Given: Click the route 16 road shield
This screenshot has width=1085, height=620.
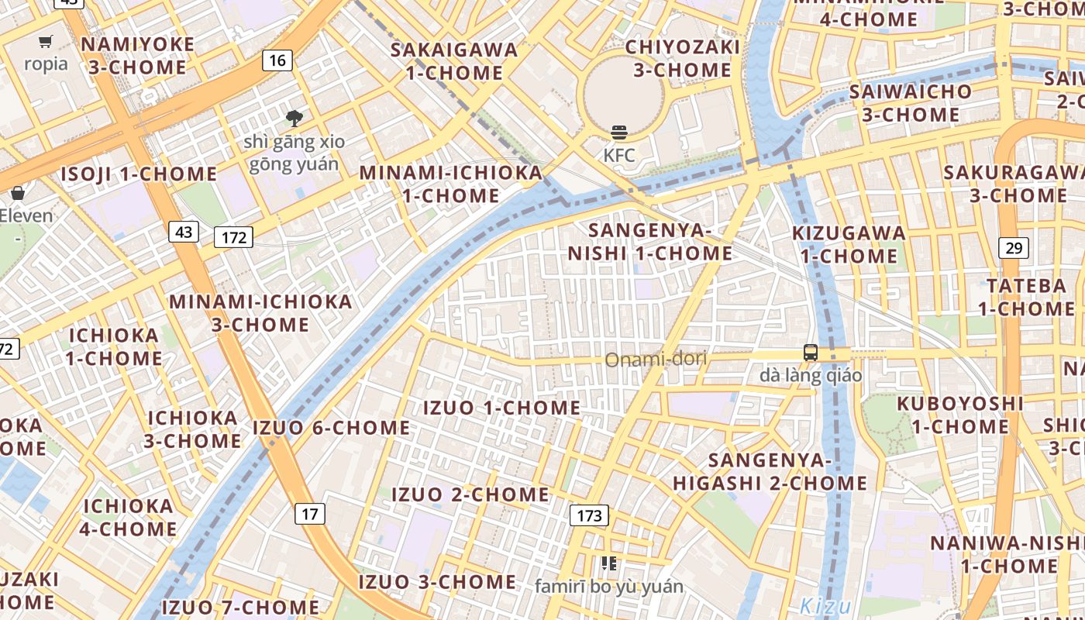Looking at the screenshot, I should tap(277, 60).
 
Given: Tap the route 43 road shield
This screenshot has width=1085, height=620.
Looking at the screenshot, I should tap(184, 231).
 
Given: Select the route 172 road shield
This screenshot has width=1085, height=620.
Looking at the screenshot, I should tap(233, 237).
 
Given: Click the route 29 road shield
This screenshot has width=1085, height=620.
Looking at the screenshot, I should tap(1014, 248).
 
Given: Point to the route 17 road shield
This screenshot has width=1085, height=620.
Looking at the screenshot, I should tap(310, 513).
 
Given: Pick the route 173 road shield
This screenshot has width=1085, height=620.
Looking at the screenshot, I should tap(589, 515).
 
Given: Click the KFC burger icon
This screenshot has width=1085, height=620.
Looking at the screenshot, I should tap(618, 133).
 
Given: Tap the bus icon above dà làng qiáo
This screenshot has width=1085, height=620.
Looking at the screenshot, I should tap(810, 353).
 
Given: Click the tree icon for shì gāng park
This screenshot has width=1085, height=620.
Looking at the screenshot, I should tap(294, 119).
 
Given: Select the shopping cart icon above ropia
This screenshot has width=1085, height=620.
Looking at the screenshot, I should tap(46, 41).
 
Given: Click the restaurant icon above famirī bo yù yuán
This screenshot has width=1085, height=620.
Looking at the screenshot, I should tap(609, 563).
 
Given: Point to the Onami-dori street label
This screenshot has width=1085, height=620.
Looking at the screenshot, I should tap(656, 360).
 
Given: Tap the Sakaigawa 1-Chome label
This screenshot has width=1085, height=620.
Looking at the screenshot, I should tap(454, 61).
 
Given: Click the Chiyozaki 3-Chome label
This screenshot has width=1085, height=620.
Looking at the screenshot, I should tap(682, 58).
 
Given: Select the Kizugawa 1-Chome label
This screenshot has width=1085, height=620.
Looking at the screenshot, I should tap(849, 244).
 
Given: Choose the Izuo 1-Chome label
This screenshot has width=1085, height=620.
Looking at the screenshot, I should tap(501, 408).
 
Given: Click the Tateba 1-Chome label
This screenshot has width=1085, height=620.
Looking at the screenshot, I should tap(1026, 297).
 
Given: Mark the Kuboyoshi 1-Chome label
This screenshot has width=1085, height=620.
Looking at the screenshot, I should tap(960, 415).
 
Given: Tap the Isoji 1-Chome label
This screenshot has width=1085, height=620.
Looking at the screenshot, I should tap(139, 174).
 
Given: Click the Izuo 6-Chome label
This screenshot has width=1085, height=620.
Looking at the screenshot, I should tap(332, 428).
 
